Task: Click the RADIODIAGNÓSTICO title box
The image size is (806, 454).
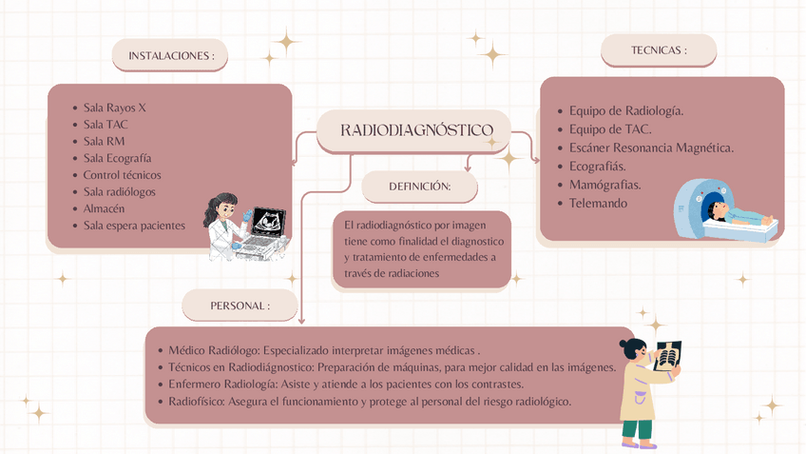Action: pyautogui.click(x=415, y=130)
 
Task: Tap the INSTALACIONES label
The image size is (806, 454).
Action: pyautogui.click(x=171, y=56)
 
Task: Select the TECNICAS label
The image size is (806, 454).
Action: pyautogui.click(x=659, y=50)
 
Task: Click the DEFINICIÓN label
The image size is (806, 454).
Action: pyautogui.click(x=419, y=187)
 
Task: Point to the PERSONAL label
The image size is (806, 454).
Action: pyautogui.click(x=240, y=306)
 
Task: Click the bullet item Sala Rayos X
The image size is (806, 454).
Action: pyautogui.click(x=115, y=108)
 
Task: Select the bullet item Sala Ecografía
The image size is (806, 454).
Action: pyautogui.click(x=117, y=158)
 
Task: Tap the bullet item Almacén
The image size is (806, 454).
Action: pyautogui.click(x=104, y=208)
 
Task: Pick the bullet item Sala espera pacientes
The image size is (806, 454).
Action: pyautogui.click(x=134, y=226)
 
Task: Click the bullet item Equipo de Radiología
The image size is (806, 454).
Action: pyautogui.click(x=625, y=110)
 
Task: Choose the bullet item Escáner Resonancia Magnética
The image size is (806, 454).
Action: pyautogui.click(x=651, y=148)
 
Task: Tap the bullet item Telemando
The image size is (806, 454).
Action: pyautogui.click(x=598, y=203)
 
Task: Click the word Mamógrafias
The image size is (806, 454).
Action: pyautogui.click(x=604, y=185)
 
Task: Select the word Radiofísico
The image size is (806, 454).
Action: pyautogui.click(x=196, y=402)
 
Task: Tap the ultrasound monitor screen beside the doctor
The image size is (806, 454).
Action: pyautogui.click(x=267, y=220)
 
